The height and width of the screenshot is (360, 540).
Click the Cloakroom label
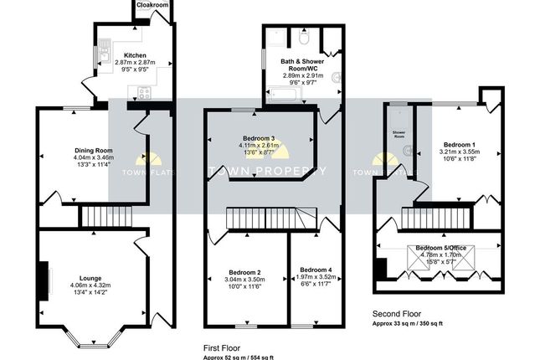tap(152, 5)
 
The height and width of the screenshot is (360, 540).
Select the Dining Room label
tap(93, 150)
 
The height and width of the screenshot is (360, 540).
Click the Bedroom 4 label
tap(315, 269)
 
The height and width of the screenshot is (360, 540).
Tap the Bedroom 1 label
tap(459, 144)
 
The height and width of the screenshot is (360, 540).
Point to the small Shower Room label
tap(399, 132)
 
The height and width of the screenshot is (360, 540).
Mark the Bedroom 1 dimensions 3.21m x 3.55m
tap(459, 152)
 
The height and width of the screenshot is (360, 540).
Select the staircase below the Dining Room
tap(106, 219)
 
